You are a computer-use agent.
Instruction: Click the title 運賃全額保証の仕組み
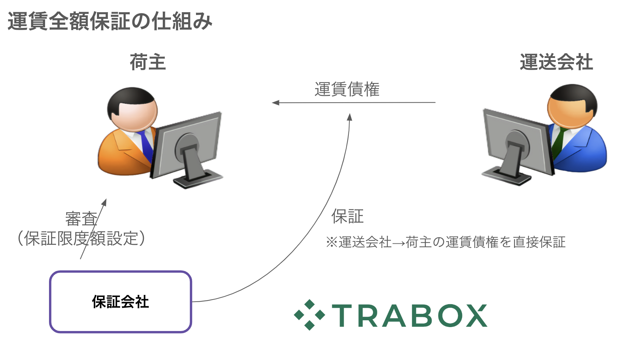tap(110, 21)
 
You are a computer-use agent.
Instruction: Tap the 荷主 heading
tap(148, 62)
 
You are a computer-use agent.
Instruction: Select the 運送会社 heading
tap(556, 62)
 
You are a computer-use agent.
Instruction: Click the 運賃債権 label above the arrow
tap(347, 89)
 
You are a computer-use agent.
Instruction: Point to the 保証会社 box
tap(121, 302)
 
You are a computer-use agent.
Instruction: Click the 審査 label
tap(81, 219)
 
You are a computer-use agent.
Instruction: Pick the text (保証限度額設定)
tap(81, 238)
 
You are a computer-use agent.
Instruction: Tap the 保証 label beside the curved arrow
tap(347, 216)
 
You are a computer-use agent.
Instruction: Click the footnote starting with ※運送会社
tap(445, 242)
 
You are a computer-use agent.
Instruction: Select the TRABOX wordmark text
tap(410, 315)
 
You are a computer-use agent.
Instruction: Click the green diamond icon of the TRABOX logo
tap(309, 315)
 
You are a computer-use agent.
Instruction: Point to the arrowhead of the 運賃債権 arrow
tap(275, 103)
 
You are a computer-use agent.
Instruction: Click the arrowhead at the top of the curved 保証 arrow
tap(350, 117)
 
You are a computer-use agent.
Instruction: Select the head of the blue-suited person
tap(572, 106)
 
